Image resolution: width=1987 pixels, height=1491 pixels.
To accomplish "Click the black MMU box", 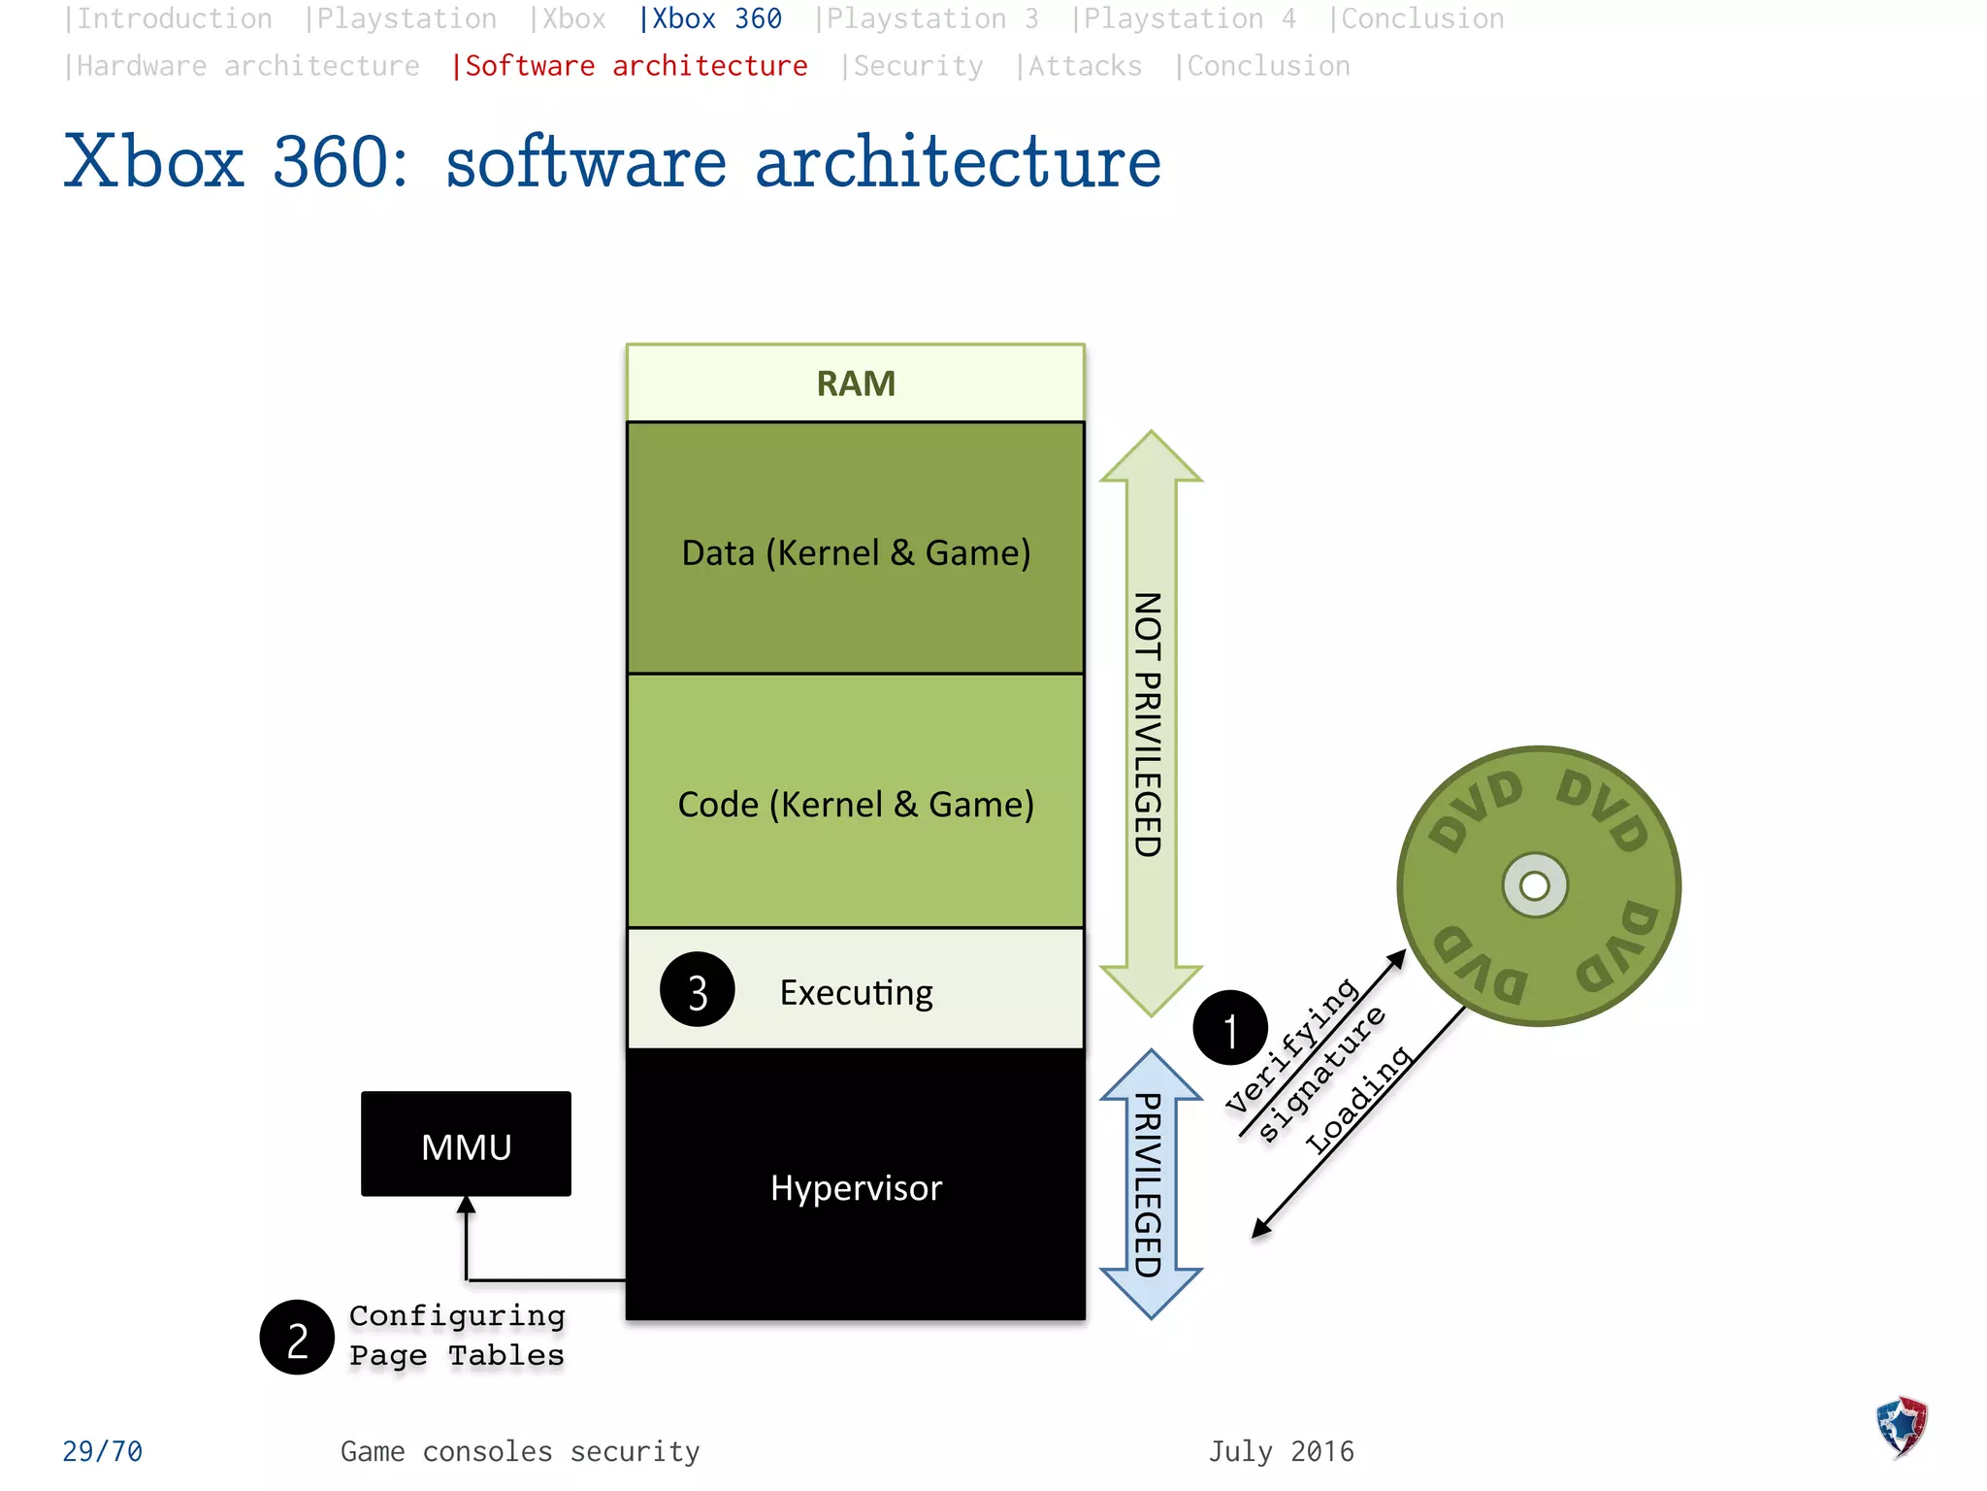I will pos(466,1143).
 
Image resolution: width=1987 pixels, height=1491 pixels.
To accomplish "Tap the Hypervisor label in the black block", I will pos(856,1188).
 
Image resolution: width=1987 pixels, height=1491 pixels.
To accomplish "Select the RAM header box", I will pos(856,383).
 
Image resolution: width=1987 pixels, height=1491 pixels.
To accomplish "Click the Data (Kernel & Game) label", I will pos(856,552).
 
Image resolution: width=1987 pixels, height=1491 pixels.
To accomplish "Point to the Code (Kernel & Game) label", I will pos(856,804).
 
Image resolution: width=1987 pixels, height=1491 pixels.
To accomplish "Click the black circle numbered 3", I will pos(697,990).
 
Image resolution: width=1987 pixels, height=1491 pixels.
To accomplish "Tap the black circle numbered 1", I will pos(1230,1028).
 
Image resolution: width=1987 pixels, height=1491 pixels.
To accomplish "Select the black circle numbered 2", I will pos(297,1338).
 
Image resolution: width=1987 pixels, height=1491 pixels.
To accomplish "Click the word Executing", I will pos(856,992).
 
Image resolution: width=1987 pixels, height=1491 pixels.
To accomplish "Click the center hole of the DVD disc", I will pos(1535,885).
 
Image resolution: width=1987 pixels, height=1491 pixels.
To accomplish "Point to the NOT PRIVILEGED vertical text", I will pos(1149,724).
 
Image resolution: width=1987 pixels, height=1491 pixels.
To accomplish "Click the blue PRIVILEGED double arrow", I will pos(1151,1184).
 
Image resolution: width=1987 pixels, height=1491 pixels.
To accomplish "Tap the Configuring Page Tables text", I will pos(457,1336).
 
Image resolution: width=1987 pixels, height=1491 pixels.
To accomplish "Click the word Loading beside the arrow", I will pos(1358,1099).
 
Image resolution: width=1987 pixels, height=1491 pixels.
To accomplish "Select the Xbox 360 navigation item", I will pos(711,18).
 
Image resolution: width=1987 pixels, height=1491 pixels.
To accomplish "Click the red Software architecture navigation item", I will pos(630,66).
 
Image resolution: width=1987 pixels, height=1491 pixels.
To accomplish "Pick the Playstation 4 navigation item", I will pos(1184,18).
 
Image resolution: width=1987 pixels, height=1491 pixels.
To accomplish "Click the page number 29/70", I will pos(102,1451).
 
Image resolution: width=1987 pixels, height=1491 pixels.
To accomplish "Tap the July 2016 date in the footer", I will pos(1281,1451).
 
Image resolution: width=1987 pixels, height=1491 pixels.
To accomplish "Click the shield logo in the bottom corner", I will pos(1902,1427).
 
